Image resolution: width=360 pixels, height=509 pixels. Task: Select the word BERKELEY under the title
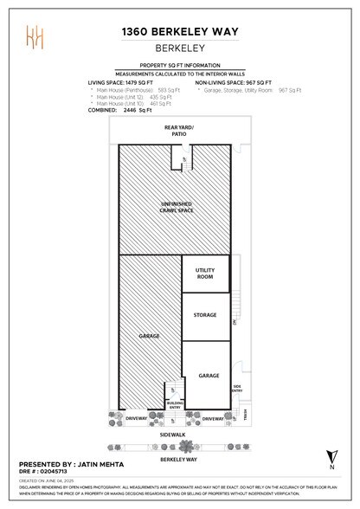(179, 51)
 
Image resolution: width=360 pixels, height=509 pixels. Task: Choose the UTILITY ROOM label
(205, 274)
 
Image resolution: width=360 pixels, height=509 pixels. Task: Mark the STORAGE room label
(205, 315)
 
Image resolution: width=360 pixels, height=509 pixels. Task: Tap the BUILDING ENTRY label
(175, 405)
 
